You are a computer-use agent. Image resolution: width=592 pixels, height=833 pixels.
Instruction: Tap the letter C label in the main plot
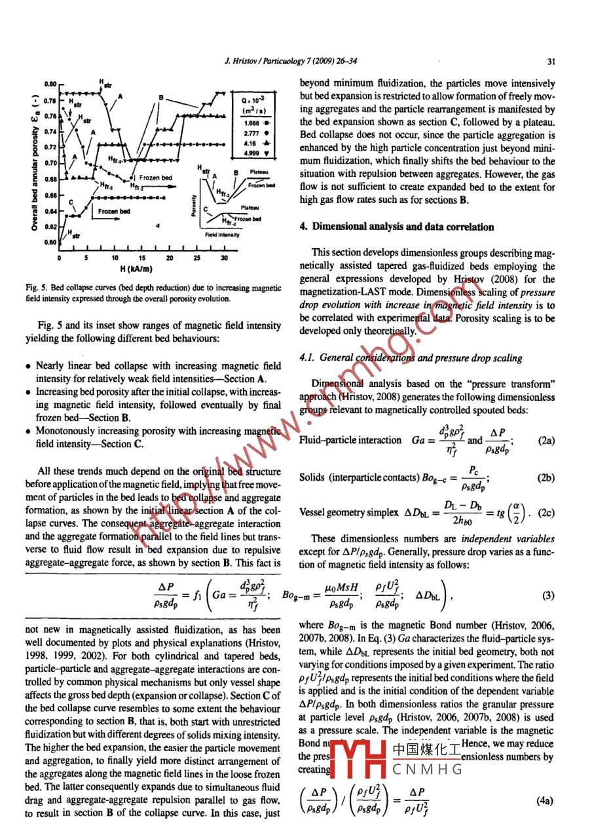click(71, 201)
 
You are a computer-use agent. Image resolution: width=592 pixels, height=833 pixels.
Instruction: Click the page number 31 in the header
click(550, 62)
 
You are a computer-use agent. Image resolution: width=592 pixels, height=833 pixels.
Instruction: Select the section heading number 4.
click(303, 227)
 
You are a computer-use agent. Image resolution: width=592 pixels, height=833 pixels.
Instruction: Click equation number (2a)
click(546, 441)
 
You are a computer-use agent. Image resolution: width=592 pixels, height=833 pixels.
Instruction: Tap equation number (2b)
click(546, 478)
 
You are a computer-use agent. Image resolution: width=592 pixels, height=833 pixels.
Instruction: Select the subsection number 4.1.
click(306, 358)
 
